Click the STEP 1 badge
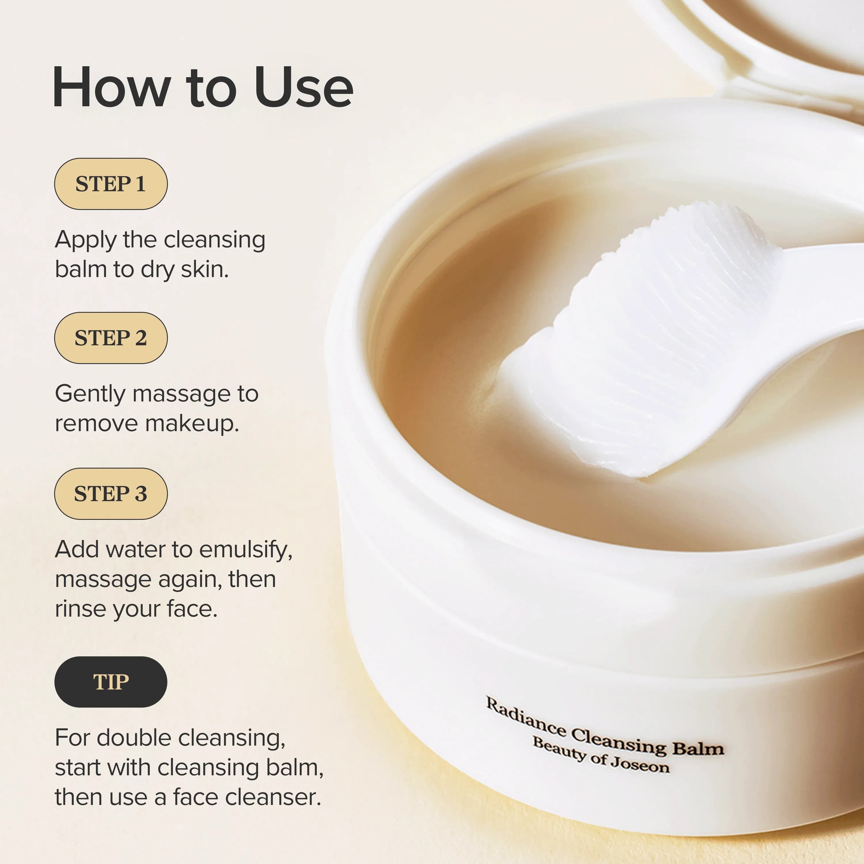click(x=111, y=184)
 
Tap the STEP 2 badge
click(x=111, y=338)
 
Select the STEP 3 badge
click(x=111, y=494)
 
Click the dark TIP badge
click(x=111, y=682)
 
